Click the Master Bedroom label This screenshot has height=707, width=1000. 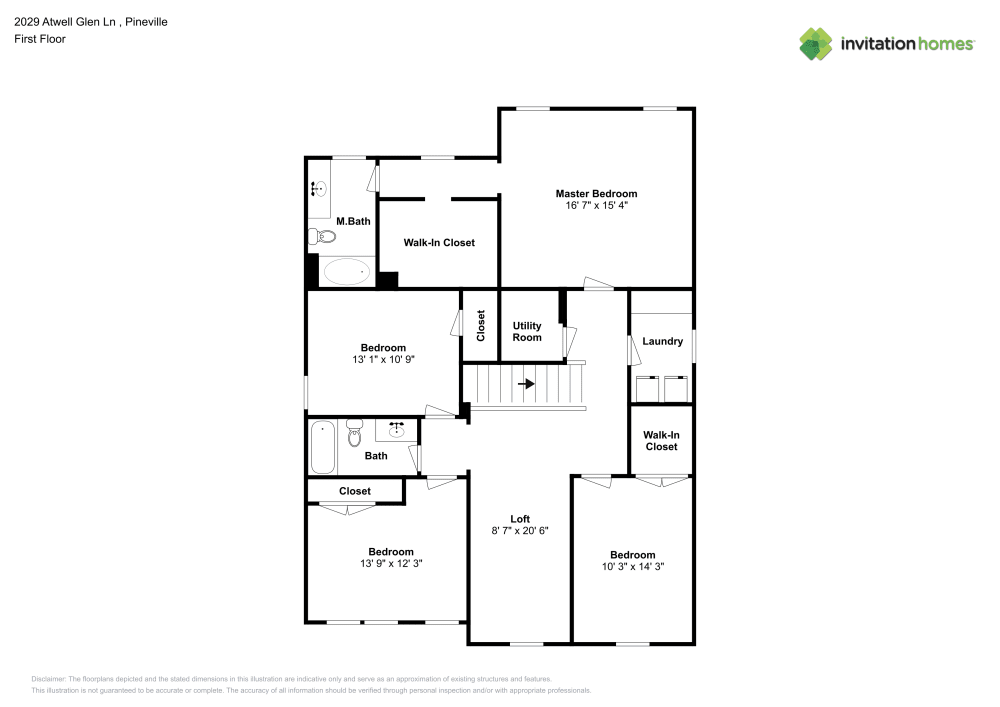pos(596,193)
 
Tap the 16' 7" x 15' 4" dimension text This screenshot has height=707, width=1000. pos(596,205)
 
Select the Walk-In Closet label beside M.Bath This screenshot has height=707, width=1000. pos(439,243)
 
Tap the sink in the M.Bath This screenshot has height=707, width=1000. pos(318,187)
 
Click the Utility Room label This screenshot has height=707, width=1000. pos(527,331)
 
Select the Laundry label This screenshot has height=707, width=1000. pos(662,341)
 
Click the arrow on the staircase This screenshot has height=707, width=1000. pos(526,383)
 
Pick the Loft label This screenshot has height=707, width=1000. pos(520,518)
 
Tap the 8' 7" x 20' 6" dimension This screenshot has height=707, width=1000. pos(520,530)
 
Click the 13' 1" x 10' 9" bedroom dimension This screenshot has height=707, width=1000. pos(383,360)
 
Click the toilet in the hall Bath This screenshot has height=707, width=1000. pos(353,435)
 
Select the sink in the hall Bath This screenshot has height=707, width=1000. pos(397,430)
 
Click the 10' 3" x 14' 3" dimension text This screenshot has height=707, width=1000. pos(633,566)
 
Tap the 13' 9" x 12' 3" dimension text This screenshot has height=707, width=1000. pos(390,563)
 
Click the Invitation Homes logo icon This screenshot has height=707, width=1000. pos(815,43)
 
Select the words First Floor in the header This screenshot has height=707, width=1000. pos(40,39)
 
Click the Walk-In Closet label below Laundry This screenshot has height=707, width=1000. pos(660,440)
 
